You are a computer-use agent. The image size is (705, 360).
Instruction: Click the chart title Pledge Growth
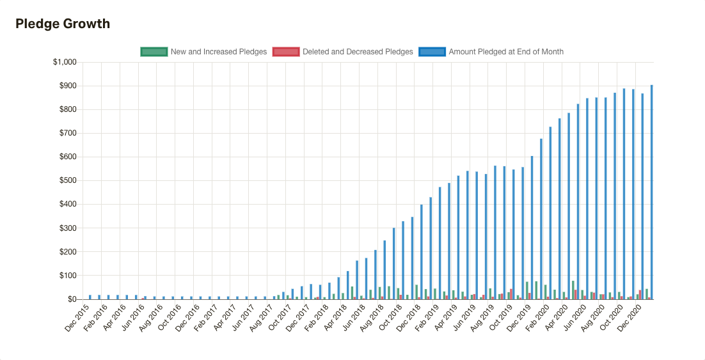[63, 24]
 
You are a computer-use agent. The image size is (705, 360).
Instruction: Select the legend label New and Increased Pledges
[218, 52]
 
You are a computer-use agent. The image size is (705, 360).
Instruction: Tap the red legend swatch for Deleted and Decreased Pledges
[286, 52]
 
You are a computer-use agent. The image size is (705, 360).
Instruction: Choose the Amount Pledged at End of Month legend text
[506, 52]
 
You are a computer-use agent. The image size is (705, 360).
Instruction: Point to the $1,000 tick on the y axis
[64, 62]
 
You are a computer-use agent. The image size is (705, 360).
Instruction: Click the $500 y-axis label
[67, 181]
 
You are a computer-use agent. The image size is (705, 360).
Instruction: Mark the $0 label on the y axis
[71, 299]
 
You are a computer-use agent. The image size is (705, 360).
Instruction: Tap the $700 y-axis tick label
[67, 133]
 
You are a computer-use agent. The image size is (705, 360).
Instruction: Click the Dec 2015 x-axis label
[77, 318]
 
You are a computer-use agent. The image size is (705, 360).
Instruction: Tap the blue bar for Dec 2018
[420, 252]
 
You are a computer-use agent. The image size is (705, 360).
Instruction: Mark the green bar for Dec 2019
[527, 290]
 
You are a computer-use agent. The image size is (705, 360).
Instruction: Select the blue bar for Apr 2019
[457, 237]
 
